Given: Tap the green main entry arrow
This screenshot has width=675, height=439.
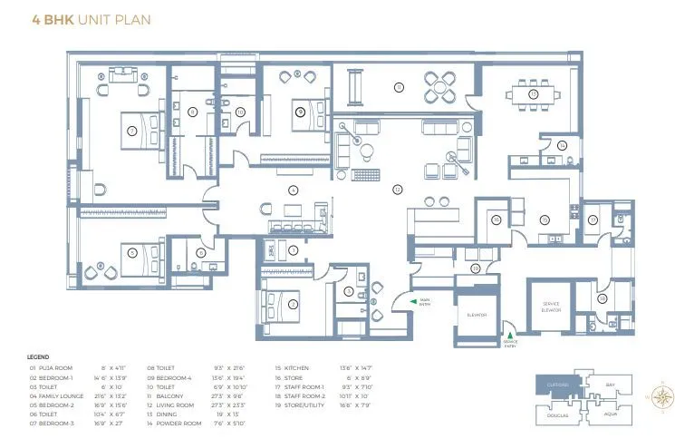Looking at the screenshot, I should [412, 300].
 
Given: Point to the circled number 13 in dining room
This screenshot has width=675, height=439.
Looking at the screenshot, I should [534, 93].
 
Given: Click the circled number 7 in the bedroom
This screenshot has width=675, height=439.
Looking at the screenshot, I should [292, 305].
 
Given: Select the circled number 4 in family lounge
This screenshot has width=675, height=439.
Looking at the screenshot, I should [292, 190].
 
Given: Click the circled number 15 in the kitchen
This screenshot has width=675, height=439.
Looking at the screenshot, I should [545, 219].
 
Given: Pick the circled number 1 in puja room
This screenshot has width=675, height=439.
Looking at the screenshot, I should [292, 249].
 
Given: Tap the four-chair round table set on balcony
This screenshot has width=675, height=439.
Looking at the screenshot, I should [443, 88].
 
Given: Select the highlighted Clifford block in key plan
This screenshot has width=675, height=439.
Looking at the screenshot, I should [557, 385].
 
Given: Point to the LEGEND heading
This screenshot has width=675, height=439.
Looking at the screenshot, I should [38, 356].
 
